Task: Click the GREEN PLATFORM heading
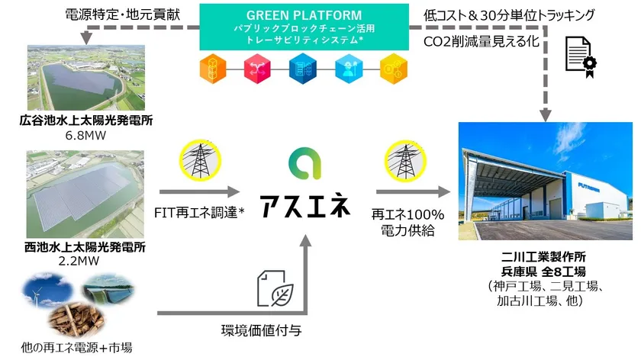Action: click(x=304, y=14)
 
